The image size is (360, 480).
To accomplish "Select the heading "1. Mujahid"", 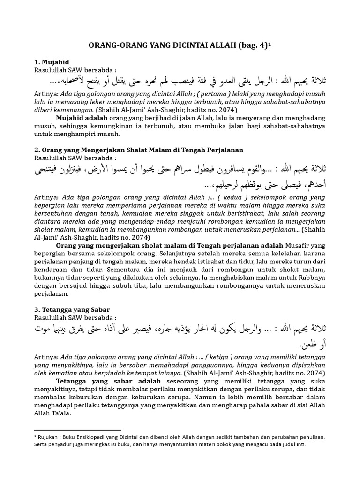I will pyautogui.click(x=52, y=62).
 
